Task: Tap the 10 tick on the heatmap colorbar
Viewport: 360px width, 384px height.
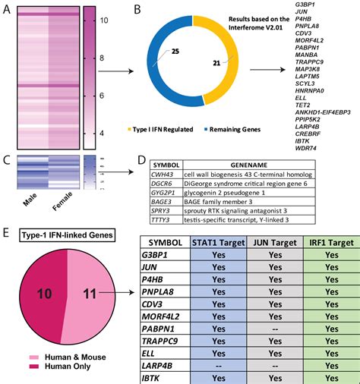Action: pos(105,24)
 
